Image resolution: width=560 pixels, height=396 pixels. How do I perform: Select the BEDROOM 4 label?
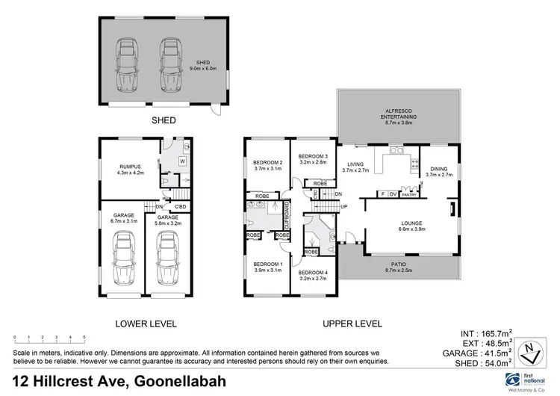(314, 273)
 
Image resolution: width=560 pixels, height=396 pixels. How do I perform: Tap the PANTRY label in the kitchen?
(408, 194)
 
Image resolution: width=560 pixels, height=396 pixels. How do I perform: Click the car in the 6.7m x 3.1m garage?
(122, 259)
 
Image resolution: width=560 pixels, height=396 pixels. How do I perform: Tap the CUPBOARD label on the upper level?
(285, 216)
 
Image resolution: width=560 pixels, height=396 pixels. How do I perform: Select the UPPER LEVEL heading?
(352, 324)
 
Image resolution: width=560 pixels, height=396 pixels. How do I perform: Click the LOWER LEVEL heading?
(145, 324)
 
